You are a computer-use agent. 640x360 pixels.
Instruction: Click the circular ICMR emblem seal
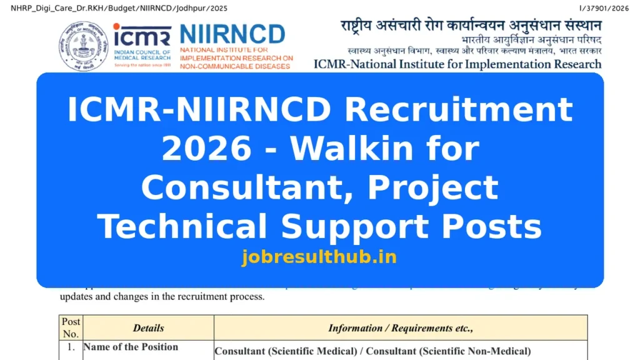[x=83, y=46]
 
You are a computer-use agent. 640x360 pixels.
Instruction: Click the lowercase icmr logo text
[x=142, y=36]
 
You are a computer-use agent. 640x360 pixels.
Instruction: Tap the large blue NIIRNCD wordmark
[x=232, y=34]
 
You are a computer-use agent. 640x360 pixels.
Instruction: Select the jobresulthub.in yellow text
[x=319, y=257]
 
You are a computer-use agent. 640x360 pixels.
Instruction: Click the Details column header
[x=148, y=327]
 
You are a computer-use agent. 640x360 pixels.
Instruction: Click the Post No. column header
[x=71, y=327]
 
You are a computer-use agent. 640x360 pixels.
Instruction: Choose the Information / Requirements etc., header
[x=401, y=327]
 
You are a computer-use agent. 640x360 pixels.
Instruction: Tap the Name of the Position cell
[x=131, y=347]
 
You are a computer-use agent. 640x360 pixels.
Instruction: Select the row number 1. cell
[x=71, y=347]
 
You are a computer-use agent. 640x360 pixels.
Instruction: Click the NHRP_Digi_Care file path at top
[x=119, y=8]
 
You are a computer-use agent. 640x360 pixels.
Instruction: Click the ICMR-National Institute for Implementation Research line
[x=457, y=64]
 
